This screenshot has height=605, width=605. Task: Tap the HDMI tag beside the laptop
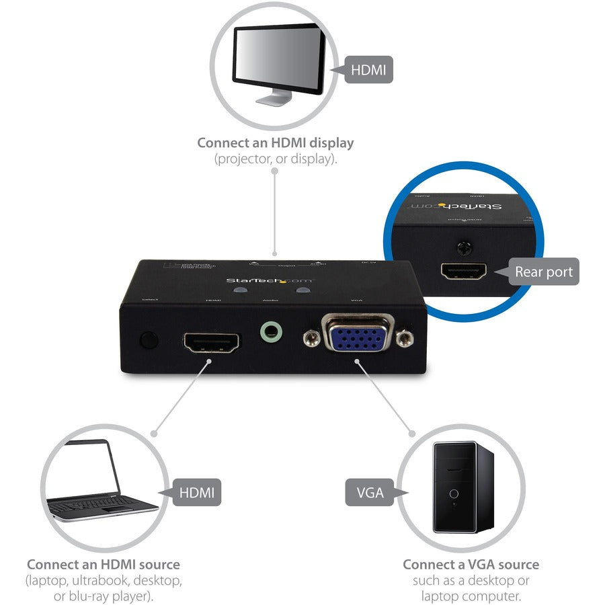[x=197, y=492]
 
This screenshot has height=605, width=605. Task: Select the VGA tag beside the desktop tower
[x=369, y=492]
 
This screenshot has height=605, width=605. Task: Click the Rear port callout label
[x=543, y=272]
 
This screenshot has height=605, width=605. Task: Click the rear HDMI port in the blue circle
[x=462, y=272]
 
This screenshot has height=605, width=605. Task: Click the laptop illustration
[x=101, y=481]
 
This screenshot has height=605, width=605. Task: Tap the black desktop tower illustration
[x=462, y=485]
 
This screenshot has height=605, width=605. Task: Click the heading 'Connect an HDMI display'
[x=275, y=143]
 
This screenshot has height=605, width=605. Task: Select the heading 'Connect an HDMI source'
[x=103, y=564]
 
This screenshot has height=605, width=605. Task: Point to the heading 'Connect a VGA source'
[x=471, y=564]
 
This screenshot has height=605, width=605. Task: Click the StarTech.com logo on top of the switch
[x=260, y=280]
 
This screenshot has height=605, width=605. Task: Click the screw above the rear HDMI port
[x=462, y=247]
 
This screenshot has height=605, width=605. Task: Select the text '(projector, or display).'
[x=275, y=159]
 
